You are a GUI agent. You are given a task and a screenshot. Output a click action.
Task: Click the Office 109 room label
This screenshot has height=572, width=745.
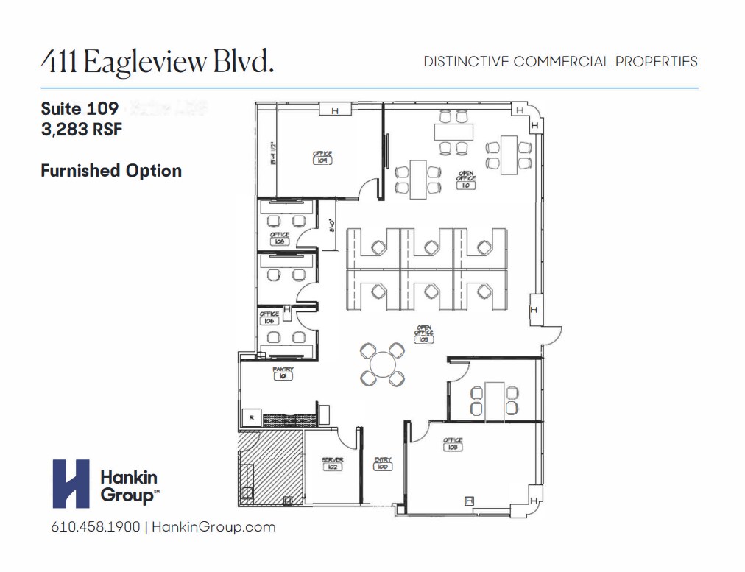point(322,158)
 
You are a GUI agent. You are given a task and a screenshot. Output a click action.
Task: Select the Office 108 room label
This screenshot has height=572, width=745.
point(280,238)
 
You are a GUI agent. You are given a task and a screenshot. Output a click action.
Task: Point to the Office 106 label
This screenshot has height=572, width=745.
point(269,318)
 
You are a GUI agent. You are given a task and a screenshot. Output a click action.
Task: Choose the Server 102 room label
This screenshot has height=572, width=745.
point(333,464)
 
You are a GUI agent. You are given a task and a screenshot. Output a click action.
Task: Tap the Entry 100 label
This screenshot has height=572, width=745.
point(383,464)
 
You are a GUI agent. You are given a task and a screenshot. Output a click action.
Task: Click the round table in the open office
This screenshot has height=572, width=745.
point(382,364)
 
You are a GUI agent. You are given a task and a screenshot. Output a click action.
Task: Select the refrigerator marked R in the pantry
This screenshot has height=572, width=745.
point(251,418)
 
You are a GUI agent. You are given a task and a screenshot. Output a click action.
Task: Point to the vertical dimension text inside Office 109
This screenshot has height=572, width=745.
point(272,153)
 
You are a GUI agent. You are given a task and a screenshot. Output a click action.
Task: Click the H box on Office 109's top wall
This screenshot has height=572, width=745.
point(335,110)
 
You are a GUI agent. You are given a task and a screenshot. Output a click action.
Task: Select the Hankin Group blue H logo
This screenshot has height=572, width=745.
point(71,484)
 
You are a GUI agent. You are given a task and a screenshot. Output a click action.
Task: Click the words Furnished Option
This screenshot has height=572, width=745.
point(111,171)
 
